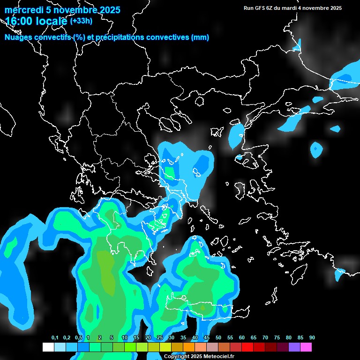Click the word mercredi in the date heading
22,10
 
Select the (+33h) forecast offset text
81,21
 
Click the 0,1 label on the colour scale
55,338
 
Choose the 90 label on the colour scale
312,338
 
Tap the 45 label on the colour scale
207,338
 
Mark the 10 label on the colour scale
125,338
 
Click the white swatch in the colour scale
48,347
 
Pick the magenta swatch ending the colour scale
306,347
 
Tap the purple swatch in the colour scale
294,347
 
